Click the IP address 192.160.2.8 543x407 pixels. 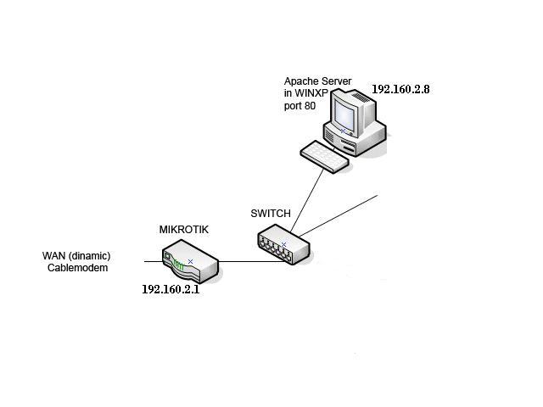[400, 88]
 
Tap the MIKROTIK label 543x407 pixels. [184, 230]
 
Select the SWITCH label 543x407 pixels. [271, 213]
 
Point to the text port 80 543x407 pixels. [299, 107]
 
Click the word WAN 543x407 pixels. [54, 256]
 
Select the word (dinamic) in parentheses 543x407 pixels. [91, 256]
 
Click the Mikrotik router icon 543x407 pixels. [190, 264]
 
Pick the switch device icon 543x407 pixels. [283, 244]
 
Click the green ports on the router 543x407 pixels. [178, 265]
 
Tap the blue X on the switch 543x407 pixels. [283, 244]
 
